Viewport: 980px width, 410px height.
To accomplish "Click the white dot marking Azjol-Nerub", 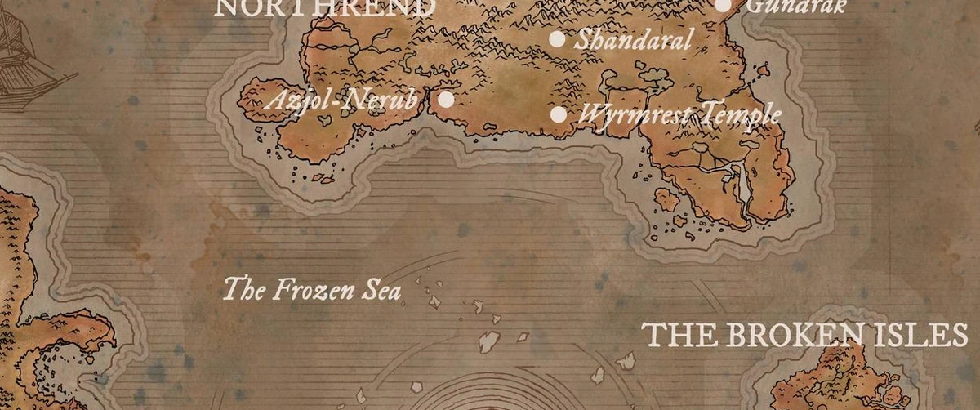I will click(x=446, y=100).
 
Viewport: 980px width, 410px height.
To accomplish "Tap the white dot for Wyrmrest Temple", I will click(x=559, y=114).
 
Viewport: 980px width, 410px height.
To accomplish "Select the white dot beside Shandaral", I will click(x=557, y=38).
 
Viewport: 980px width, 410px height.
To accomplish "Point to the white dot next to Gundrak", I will click(x=723, y=6).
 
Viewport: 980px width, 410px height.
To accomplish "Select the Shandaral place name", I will click(x=633, y=38).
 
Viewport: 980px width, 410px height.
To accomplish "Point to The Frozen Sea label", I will click(x=312, y=289).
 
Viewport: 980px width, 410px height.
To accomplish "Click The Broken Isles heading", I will click(x=805, y=335).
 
